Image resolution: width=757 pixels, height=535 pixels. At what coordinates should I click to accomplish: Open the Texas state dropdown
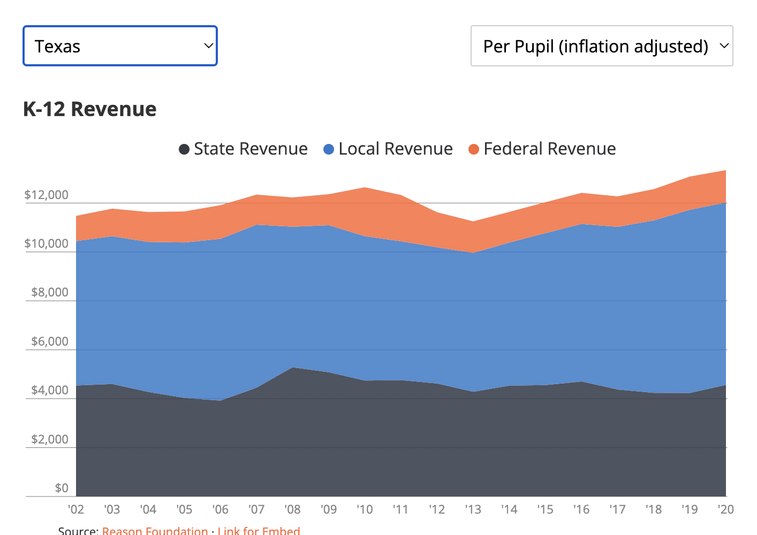pos(120,46)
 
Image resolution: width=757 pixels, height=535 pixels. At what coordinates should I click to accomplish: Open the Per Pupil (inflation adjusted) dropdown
pos(601,46)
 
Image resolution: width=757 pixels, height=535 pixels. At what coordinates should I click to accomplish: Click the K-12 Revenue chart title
pos(89,109)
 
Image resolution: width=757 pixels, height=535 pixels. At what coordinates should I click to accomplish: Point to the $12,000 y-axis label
pos(47,195)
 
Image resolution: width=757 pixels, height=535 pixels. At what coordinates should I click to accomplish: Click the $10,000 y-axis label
pos(47,244)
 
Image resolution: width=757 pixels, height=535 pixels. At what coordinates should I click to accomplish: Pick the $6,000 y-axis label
pos(50,341)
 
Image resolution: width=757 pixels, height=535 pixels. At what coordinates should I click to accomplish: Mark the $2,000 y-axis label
pos(50,439)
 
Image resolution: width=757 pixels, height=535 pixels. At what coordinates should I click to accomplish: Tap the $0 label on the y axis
pos(62,488)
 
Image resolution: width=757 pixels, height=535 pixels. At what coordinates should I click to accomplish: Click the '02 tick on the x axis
pos(76,509)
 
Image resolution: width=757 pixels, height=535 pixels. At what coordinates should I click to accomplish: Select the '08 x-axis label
pos(292,509)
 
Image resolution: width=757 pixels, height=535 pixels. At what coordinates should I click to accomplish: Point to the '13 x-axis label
pos(473,509)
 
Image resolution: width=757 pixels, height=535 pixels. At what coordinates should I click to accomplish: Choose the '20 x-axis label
pos(725,509)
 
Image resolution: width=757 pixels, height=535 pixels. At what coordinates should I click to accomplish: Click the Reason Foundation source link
pos(155,530)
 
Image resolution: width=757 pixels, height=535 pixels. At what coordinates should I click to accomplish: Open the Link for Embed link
pos(259,530)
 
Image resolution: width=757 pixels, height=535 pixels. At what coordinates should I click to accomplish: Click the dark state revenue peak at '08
pos(293,369)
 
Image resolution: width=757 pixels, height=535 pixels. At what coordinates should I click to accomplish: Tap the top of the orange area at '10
pos(365,188)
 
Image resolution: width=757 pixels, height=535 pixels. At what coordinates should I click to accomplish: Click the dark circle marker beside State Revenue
pos(184,149)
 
